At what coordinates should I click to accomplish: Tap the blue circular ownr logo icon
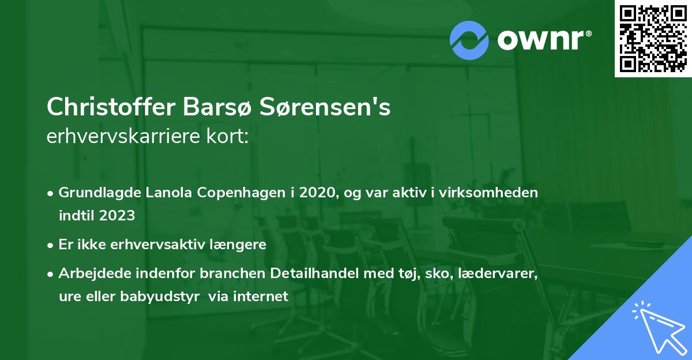pyautogui.click(x=469, y=40)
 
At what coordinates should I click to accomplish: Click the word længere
pyautogui.click(x=240, y=244)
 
